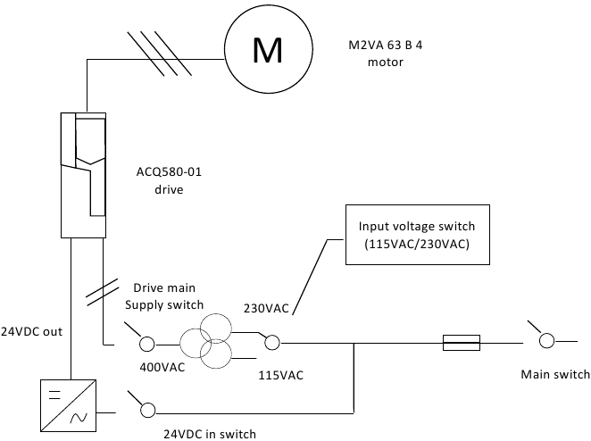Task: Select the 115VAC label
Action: [280, 375]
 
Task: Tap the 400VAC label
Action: [162, 367]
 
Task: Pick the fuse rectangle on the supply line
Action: [462, 342]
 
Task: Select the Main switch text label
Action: [555, 373]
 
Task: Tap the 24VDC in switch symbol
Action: [146, 409]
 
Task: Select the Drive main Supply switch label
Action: [163, 295]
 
